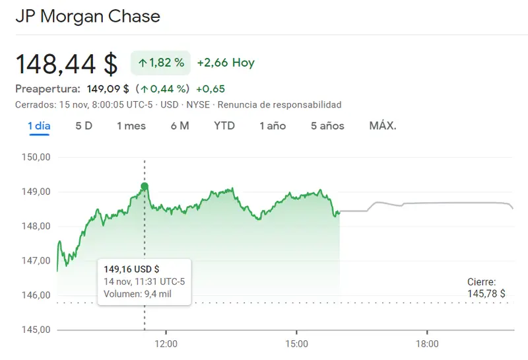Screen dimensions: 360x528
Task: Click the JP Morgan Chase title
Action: click(87, 16)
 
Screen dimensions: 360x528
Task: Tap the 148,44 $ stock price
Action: click(66, 63)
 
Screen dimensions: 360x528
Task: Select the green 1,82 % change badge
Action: click(161, 63)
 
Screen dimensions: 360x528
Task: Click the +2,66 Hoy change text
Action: click(226, 63)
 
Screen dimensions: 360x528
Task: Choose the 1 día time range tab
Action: click(39, 126)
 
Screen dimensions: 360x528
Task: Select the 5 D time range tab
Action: click(84, 126)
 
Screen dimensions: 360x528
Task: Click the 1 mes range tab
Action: click(131, 126)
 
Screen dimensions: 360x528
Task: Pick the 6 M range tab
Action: click(180, 126)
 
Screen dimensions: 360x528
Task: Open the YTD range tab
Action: click(224, 126)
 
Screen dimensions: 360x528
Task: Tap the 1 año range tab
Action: click(273, 126)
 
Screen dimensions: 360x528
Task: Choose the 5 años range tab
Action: click(327, 126)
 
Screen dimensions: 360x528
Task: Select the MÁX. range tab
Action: click(383, 126)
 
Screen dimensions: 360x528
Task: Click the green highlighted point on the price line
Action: click(145, 186)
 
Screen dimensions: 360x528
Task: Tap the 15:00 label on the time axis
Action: click(297, 344)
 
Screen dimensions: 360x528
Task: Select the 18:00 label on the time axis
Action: click(427, 344)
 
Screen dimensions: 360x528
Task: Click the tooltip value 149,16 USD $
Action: click(132, 269)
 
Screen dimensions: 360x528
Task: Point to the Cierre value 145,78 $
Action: click(486, 293)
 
